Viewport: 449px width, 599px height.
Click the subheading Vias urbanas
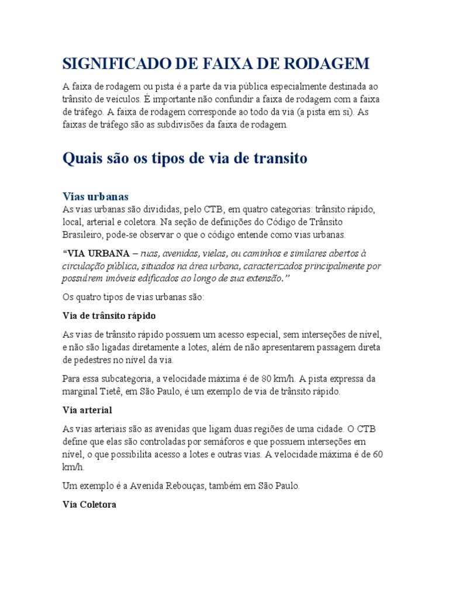[x=95, y=196]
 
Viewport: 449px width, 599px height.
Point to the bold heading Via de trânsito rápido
[x=109, y=315]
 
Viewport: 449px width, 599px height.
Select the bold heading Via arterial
[x=87, y=409]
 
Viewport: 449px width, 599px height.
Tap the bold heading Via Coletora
[x=89, y=504]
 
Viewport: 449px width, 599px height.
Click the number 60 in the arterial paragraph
[x=377, y=454]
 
